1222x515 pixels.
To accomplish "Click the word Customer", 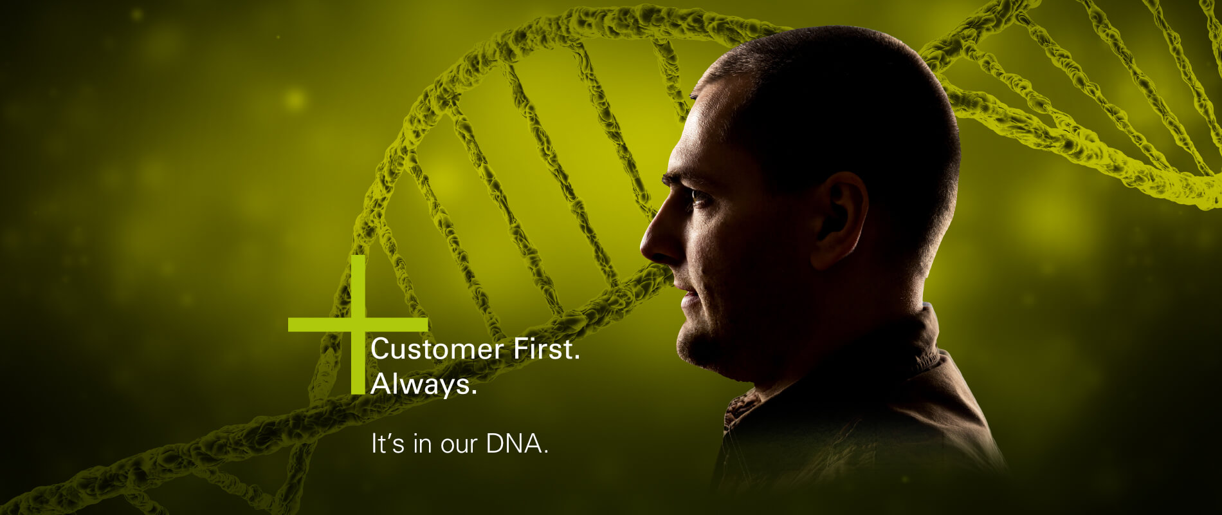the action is tap(437, 349).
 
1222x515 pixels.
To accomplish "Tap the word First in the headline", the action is tap(543, 349).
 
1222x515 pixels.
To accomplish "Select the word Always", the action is tap(420, 385).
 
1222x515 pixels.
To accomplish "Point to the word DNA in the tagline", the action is tap(513, 444).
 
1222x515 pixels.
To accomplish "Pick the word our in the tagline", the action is tap(459, 447).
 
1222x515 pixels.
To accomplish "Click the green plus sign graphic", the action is tap(358, 324).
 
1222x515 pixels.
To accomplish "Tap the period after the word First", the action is tap(577, 358).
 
